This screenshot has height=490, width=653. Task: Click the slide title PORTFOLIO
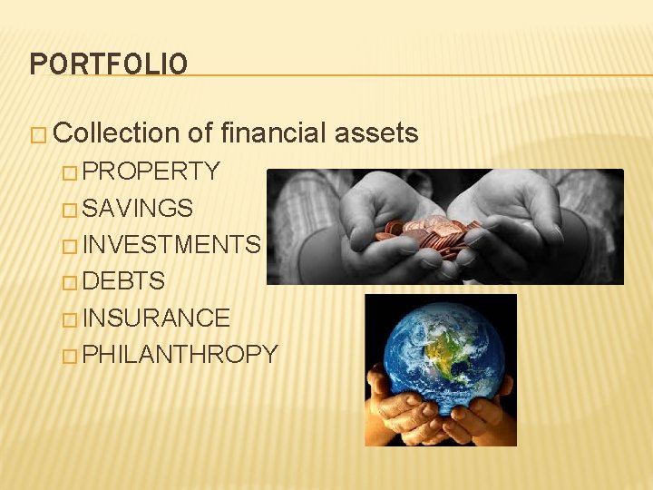[x=109, y=64]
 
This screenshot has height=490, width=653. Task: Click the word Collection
[x=117, y=133]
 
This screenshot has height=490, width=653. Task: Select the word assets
[x=376, y=133]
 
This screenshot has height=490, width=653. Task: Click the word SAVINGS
[x=138, y=208]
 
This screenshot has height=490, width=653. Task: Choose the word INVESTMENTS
[x=171, y=244]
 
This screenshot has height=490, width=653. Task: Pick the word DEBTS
[x=124, y=281]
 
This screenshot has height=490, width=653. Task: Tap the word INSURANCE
[x=156, y=318]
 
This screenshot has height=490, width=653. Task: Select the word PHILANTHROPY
[x=180, y=354]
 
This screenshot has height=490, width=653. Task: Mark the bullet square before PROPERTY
[x=71, y=172]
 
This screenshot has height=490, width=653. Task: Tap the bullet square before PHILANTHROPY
[x=71, y=356]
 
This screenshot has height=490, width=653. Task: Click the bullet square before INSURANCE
[x=71, y=319]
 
